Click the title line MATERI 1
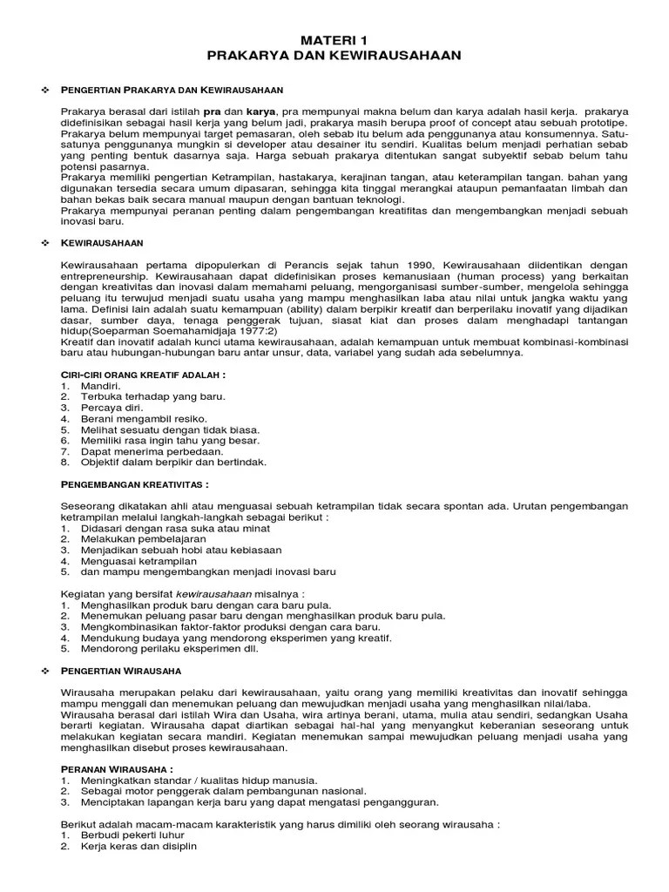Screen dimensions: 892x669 334,40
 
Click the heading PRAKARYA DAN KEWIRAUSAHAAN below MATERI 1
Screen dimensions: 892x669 334,55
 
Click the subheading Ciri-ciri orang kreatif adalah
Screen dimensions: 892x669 144,375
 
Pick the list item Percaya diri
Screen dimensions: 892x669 112,407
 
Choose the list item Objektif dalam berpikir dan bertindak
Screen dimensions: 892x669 173,462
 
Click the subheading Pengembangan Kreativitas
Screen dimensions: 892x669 135,483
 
